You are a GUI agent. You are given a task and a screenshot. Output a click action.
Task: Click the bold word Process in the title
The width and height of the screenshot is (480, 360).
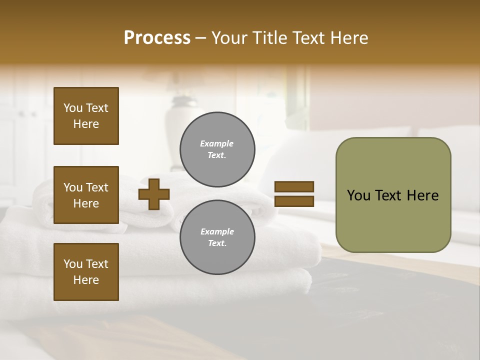(x=157, y=38)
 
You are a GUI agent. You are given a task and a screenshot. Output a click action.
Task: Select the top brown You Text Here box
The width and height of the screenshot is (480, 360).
(x=86, y=116)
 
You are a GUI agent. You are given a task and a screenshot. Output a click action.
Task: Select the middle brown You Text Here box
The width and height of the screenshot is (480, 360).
(x=86, y=195)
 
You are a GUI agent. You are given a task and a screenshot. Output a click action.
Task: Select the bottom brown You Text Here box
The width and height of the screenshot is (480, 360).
(x=86, y=272)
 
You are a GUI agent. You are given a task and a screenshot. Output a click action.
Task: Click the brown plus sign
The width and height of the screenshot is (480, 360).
(x=154, y=194)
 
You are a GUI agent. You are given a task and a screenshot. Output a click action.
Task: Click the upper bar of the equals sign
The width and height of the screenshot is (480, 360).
(x=294, y=187)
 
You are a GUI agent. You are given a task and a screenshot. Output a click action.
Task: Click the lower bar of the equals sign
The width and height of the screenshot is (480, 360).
(x=294, y=201)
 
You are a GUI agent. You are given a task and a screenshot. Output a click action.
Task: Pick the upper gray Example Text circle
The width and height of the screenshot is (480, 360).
(x=217, y=149)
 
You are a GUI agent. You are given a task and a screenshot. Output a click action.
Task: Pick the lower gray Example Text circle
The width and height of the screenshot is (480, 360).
(x=217, y=237)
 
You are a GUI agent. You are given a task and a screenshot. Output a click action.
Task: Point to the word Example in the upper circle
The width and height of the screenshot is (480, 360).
(x=217, y=143)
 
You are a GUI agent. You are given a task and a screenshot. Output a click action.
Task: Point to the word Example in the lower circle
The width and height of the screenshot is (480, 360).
(x=217, y=231)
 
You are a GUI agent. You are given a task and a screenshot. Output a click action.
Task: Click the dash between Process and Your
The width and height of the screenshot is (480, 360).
(x=200, y=38)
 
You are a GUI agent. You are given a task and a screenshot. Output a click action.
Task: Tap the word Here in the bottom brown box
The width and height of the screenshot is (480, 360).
(x=86, y=280)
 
